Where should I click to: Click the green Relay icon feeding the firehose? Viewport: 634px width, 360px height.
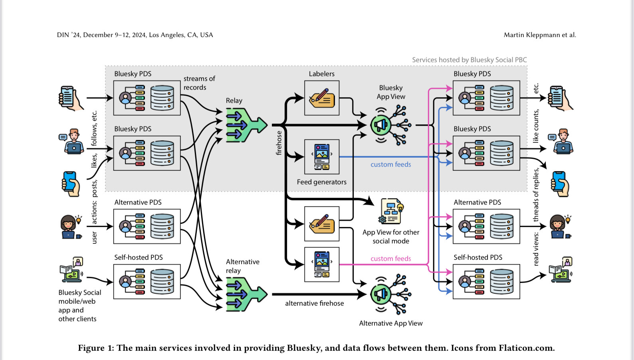click(x=245, y=125)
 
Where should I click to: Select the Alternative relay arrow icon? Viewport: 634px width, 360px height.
click(x=245, y=294)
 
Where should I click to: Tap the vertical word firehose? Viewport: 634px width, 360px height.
click(x=279, y=143)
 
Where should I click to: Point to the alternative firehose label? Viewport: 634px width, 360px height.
click(x=314, y=303)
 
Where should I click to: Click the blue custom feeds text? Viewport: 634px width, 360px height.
click(x=390, y=164)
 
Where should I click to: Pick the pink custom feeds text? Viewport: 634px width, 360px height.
click(x=390, y=259)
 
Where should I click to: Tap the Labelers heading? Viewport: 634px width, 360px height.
click(x=321, y=74)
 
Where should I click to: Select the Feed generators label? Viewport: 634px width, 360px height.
click(x=321, y=182)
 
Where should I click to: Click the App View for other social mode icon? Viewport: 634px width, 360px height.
click(x=391, y=211)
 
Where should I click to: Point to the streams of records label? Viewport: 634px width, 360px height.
click(x=199, y=83)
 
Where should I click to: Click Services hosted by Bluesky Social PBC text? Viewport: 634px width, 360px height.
click(x=469, y=60)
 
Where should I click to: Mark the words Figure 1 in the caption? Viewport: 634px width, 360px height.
click(x=95, y=348)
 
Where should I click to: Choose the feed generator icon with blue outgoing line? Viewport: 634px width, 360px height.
click(x=322, y=157)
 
